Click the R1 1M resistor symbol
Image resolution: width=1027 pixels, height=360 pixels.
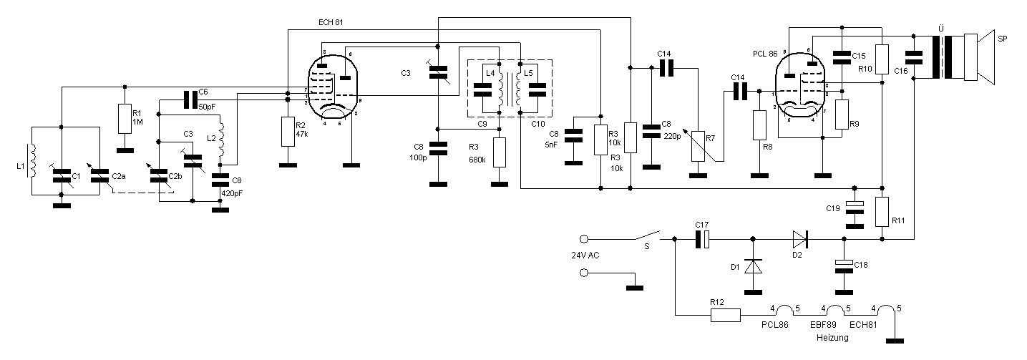pyautogui.click(x=125, y=117)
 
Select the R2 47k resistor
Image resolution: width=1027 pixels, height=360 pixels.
pyautogui.click(x=288, y=131)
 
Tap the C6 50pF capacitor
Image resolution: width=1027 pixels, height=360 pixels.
pyautogui.click(x=190, y=99)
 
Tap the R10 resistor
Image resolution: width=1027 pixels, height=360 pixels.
pyautogui.click(x=882, y=57)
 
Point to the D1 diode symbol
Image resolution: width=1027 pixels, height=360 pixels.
pyautogui.click(x=753, y=266)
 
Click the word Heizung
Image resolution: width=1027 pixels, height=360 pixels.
pyautogui.click(x=832, y=337)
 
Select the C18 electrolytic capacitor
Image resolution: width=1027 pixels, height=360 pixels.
pyautogui.click(x=845, y=266)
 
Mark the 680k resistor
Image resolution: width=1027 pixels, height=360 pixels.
pyautogui.click(x=500, y=151)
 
